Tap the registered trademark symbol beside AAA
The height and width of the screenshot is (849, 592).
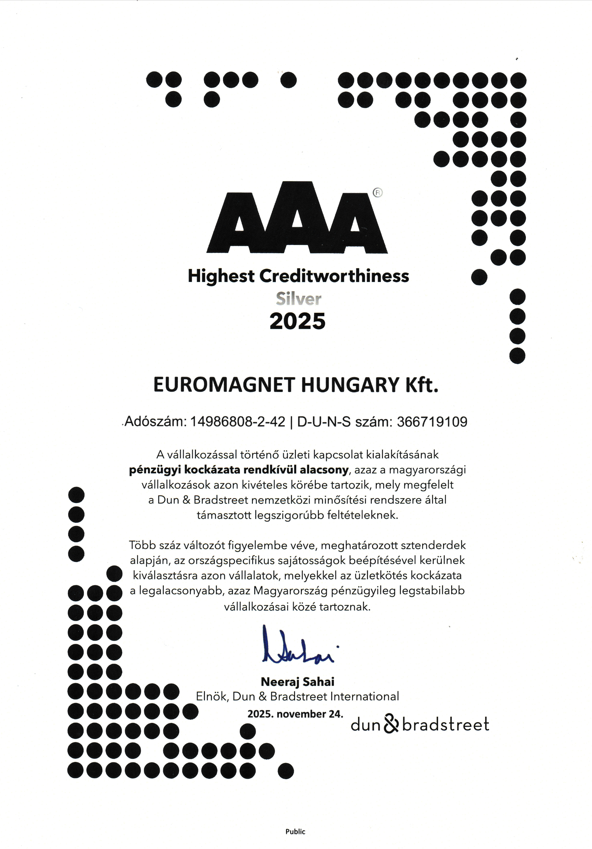(378, 193)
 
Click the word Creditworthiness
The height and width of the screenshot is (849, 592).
(334, 276)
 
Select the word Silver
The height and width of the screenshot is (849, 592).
(298, 299)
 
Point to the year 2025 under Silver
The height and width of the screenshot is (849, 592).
(297, 321)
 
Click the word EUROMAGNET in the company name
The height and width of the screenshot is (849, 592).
(224, 385)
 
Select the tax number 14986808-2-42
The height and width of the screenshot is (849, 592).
(237, 422)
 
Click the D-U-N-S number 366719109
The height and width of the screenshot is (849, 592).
(432, 422)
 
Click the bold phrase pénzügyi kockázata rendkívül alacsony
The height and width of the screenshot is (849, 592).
(238, 470)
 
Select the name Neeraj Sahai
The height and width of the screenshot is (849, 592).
(297, 681)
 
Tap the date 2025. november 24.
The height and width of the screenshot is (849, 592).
(295, 714)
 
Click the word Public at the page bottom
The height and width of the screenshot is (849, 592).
(295, 832)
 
